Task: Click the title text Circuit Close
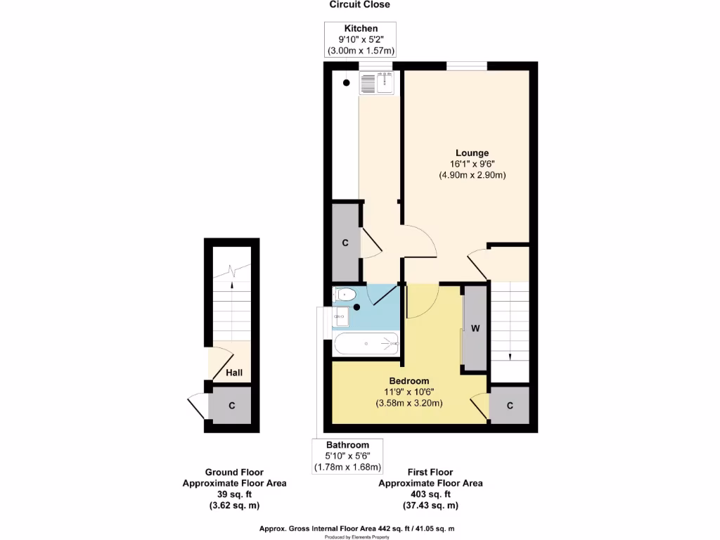[360, 5]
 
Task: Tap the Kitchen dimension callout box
[361, 39]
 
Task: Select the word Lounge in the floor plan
[472, 153]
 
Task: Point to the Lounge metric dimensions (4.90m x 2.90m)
[472, 174]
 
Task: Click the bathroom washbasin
[340, 317]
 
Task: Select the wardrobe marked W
[475, 328]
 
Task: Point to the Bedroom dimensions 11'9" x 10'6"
[409, 392]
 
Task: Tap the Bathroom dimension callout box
[347, 456]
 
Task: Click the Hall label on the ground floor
[234, 372]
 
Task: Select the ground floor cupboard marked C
[231, 406]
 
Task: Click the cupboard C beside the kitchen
[345, 243]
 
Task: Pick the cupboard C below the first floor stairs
[510, 406]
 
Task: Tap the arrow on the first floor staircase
[509, 356]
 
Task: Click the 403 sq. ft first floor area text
[430, 494]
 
